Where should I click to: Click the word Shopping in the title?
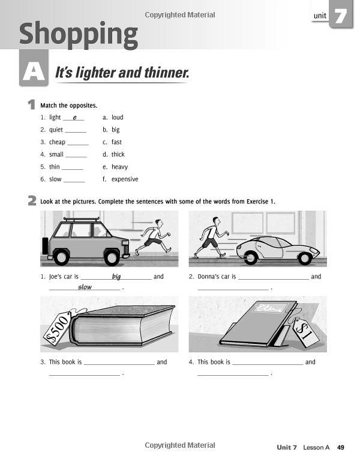[x=78, y=34]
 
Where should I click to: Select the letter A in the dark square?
[x=33, y=73]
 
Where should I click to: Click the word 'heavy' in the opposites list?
[x=119, y=167]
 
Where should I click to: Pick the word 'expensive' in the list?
[x=125, y=179]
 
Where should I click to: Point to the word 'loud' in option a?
[x=117, y=117]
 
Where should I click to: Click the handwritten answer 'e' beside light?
[x=74, y=118]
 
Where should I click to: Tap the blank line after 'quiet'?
[x=76, y=130]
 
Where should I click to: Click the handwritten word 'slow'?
[x=85, y=288]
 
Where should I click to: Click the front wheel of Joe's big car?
[x=112, y=256]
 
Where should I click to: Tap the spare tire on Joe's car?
[x=45, y=246]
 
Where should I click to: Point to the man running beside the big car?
[x=154, y=236]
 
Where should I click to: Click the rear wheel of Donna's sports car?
[x=251, y=257]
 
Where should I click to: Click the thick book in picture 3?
[x=120, y=327]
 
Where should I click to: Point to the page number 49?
[x=340, y=447]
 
